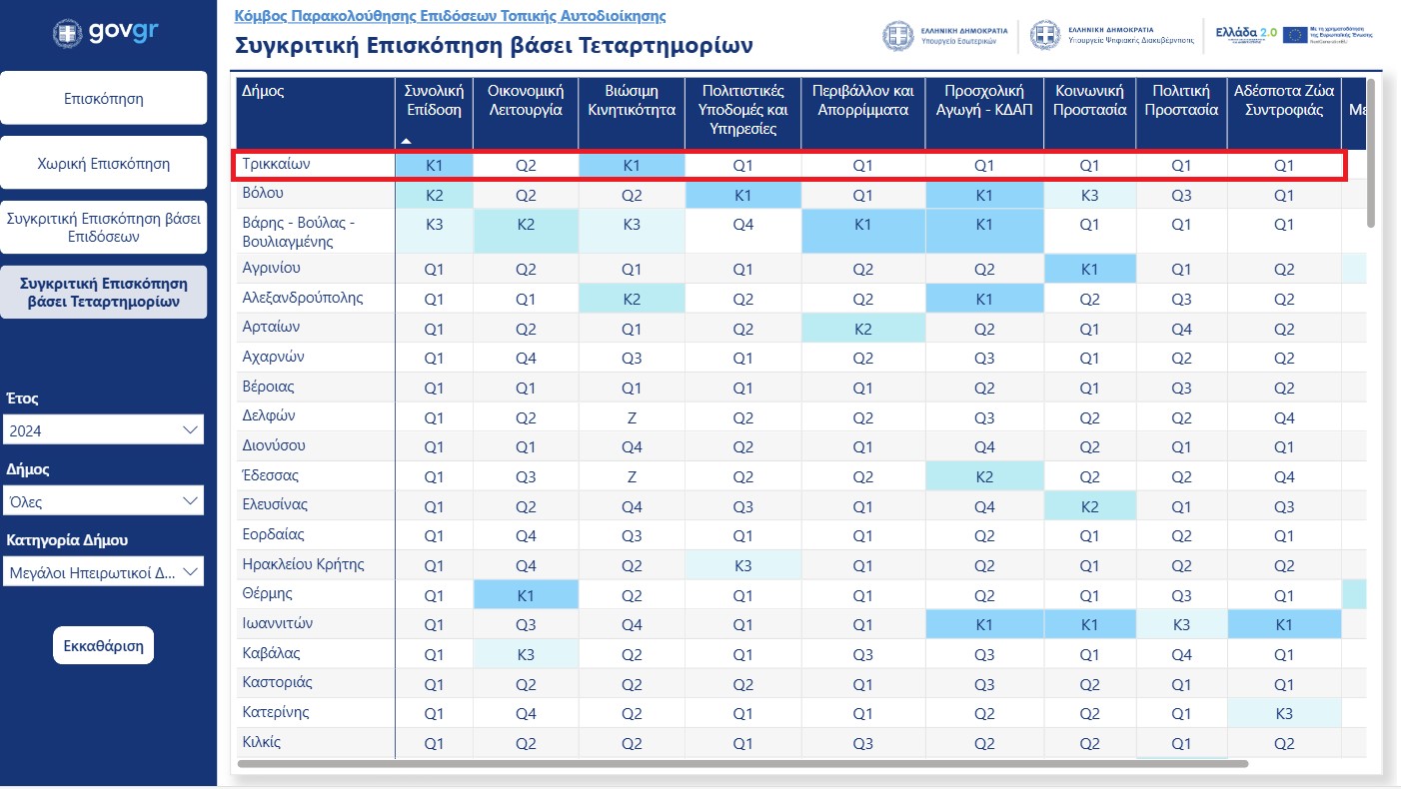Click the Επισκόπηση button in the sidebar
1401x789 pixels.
click(x=104, y=99)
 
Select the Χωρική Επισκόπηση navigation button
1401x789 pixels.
click(x=104, y=164)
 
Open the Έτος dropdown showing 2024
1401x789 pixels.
click(x=103, y=430)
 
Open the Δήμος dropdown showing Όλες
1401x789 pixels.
click(x=103, y=501)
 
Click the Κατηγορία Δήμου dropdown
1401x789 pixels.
click(x=103, y=573)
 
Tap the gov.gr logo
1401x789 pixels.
click(x=105, y=33)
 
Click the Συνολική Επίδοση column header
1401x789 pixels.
click(x=434, y=101)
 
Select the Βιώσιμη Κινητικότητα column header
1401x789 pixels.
click(x=631, y=101)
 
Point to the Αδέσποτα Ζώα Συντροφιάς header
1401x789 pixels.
click(x=1284, y=101)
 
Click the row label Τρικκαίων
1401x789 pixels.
click(x=270, y=165)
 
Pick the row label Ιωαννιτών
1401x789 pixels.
click(x=278, y=624)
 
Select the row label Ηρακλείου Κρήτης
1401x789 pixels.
click(x=303, y=565)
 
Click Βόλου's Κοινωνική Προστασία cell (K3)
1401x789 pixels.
click(x=1089, y=195)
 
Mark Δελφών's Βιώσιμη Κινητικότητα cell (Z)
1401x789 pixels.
click(x=631, y=417)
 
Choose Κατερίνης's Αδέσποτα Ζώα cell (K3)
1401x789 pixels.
click(x=1284, y=714)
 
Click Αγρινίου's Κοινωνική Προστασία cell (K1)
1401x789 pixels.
click(x=1089, y=269)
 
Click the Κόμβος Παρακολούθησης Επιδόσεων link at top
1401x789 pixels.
click(x=450, y=17)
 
